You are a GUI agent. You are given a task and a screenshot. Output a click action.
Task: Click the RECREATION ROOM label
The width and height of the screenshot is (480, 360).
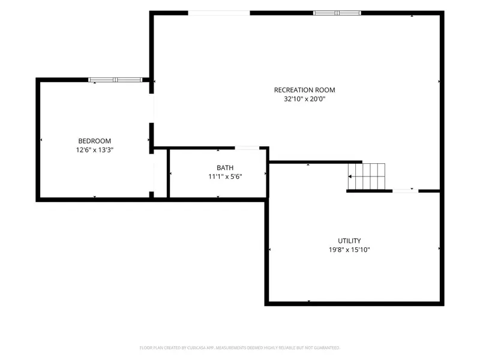click(304, 90)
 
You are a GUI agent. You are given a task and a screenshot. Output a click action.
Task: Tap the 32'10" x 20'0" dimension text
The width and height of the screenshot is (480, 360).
click(305, 99)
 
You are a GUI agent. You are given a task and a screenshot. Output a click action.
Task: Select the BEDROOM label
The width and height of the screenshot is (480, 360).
click(95, 141)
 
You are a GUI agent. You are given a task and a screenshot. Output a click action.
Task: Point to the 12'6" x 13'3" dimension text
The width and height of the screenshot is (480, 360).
click(95, 150)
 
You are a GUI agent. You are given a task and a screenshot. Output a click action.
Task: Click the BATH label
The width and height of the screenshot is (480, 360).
click(225, 168)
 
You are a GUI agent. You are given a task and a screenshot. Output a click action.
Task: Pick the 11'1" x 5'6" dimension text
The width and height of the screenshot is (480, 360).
click(225, 176)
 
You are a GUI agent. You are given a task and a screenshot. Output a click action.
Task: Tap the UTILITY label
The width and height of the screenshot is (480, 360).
click(349, 241)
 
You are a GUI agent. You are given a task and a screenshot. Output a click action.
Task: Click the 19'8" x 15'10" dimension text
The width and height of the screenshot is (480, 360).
click(349, 250)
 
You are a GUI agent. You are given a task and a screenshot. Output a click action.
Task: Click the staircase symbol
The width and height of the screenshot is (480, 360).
click(367, 176)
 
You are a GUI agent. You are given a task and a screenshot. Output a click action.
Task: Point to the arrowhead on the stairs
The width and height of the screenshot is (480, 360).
click(350, 176)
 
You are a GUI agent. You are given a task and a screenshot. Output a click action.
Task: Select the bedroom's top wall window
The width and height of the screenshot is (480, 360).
click(115, 80)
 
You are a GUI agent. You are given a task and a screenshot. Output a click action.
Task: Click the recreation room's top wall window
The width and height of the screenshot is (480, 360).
click(337, 13)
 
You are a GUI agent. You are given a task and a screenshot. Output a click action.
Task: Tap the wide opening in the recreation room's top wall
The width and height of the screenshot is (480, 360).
click(219, 13)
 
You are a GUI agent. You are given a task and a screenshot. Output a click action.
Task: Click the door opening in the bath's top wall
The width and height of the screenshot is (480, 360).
click(247, 148)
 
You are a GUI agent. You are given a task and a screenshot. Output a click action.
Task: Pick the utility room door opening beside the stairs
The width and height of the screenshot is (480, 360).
click(406, 191)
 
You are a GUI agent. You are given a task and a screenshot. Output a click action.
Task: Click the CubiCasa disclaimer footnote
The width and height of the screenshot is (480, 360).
click(239, 348)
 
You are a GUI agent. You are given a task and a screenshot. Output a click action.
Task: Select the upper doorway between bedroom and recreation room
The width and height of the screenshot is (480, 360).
click(152, 108)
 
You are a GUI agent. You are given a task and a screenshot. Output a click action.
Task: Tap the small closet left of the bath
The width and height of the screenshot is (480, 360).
click(160, 173)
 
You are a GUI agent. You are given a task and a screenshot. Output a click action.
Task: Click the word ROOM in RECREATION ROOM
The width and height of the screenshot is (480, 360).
click(325, 90)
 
